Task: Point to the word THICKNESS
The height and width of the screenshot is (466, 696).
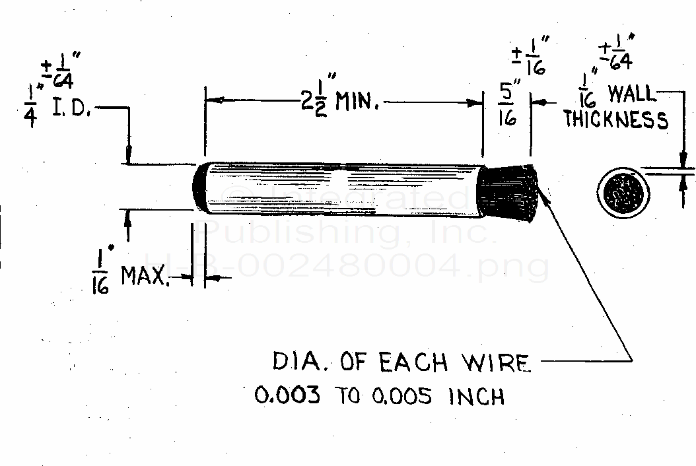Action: (x=615, y=120)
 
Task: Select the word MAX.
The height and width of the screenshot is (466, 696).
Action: (x=146, y=277)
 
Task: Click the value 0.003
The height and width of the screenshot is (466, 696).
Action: (x=289, y=396)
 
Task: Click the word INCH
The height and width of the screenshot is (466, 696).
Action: (x=477, y=396)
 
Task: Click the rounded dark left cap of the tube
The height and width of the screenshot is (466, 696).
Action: (x=200, y=187)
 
